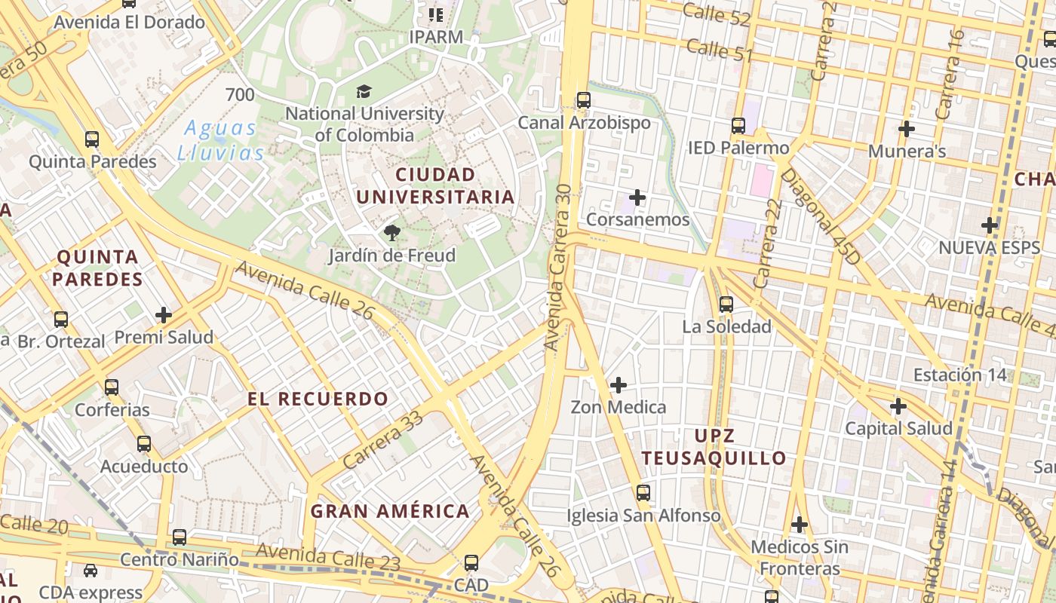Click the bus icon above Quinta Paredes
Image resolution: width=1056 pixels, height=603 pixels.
tap(92, 139)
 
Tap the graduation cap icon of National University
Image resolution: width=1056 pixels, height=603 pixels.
tap(364, 92)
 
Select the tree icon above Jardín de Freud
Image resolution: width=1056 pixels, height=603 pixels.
tap(391, 233)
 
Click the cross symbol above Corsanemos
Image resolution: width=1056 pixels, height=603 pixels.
tap(637, 197)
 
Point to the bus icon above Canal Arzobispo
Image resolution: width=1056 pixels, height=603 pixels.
tap(583, 99)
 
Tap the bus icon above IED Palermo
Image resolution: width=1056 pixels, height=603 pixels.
tap(738, 125)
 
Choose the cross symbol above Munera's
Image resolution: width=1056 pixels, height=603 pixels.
tap(907, 129)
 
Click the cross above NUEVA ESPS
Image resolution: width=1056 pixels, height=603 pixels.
tap(990, 225)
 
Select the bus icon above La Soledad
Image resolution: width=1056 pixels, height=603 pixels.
tap(726, 304)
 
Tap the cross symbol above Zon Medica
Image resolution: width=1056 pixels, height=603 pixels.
tap(618, 385)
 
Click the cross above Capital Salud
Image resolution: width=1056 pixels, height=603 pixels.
tap(898, 406)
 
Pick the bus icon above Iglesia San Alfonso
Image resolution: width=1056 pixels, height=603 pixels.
tap(643, 493)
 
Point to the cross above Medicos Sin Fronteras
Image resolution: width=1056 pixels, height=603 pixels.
tap(799, 524)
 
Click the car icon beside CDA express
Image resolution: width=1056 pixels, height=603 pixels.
tap(91, 571)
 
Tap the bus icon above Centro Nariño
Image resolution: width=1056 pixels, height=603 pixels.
tap(179, 537)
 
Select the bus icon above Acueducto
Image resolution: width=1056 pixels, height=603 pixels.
tap(143, 444)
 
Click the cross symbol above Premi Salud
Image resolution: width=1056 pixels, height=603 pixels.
tap(163, 314)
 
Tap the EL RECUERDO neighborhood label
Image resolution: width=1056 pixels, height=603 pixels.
tap(318, 399)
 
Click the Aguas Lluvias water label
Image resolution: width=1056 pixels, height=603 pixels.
tap(221, 140)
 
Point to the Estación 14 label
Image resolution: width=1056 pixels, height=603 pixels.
tap(959, 375)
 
